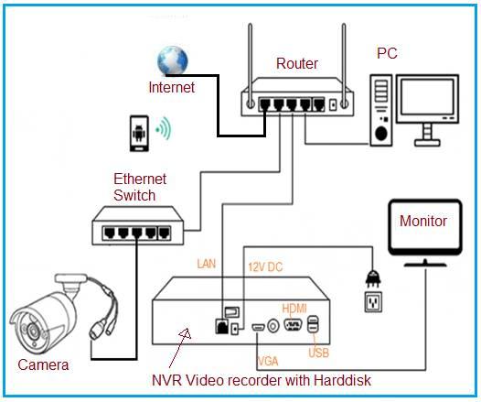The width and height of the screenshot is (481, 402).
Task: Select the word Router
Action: [x=297, y=64]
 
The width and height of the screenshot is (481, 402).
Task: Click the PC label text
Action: [x=388, y=53]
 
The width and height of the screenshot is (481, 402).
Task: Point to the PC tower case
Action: [x=381, y=108]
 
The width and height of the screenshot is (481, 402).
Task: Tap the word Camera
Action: [x=43, y=364]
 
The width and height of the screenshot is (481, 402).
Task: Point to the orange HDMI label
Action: [x=294, y=308]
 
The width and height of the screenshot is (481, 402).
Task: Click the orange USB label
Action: [x=319, y=352]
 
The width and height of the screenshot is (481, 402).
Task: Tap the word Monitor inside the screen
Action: [x=423, y=222]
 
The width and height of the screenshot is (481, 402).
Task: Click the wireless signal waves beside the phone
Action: [x=165, y=127]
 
